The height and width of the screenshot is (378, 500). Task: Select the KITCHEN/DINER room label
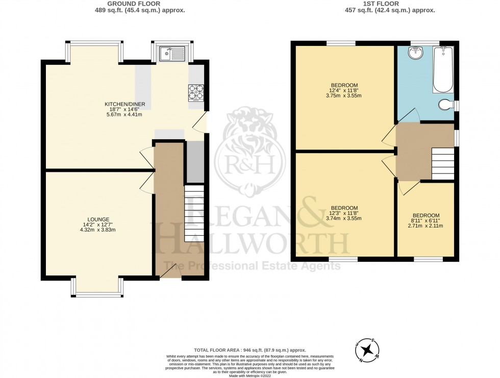click(125, 104)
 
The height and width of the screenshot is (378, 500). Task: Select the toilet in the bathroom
click(447, 105)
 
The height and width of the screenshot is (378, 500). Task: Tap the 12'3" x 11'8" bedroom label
click(344, 208)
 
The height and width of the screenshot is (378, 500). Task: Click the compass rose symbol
click(366, 350)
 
